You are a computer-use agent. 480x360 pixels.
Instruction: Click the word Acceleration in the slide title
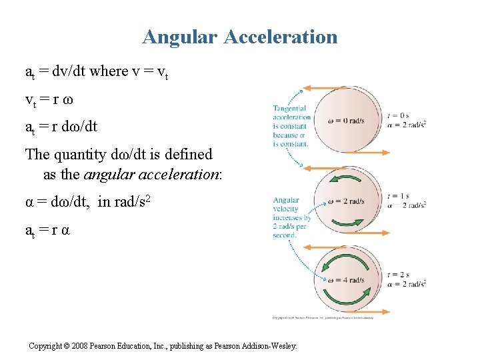[x=281, y=37]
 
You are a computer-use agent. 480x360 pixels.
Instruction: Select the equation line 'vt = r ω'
[x=49, y=100]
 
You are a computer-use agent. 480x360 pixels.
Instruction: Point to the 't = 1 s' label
[x=398, y=196]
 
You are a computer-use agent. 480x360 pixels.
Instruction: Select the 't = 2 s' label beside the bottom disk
[x=398, y=275]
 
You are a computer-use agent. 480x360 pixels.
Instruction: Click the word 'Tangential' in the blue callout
[x=290, y=108]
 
